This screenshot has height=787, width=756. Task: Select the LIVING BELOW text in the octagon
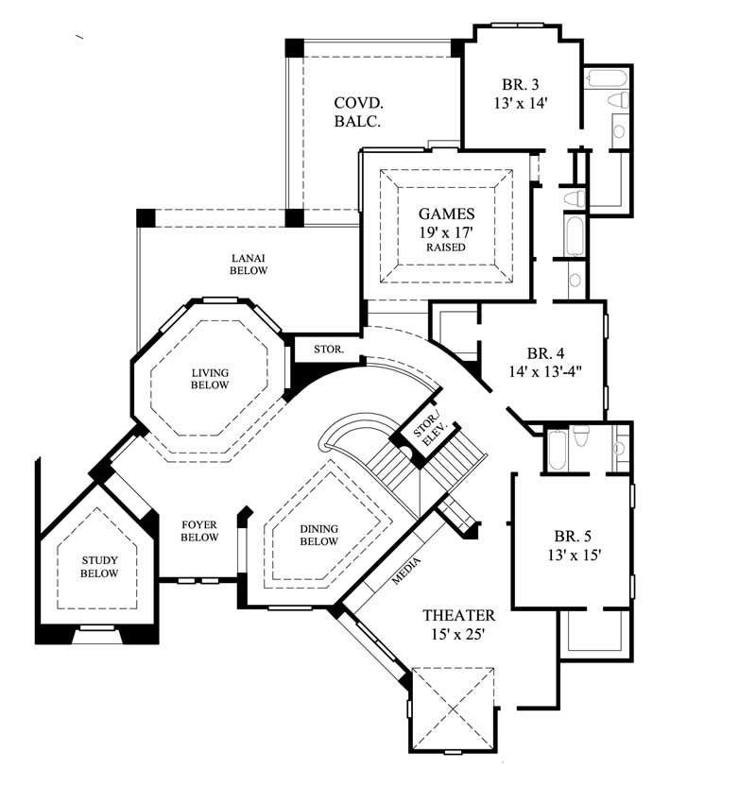pos(210,379)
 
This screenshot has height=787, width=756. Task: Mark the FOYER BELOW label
pos(198,530)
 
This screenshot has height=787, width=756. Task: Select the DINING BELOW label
pos(319,535)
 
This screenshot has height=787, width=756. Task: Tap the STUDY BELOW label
pos(98,567)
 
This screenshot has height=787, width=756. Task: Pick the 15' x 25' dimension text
pos(456,635)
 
